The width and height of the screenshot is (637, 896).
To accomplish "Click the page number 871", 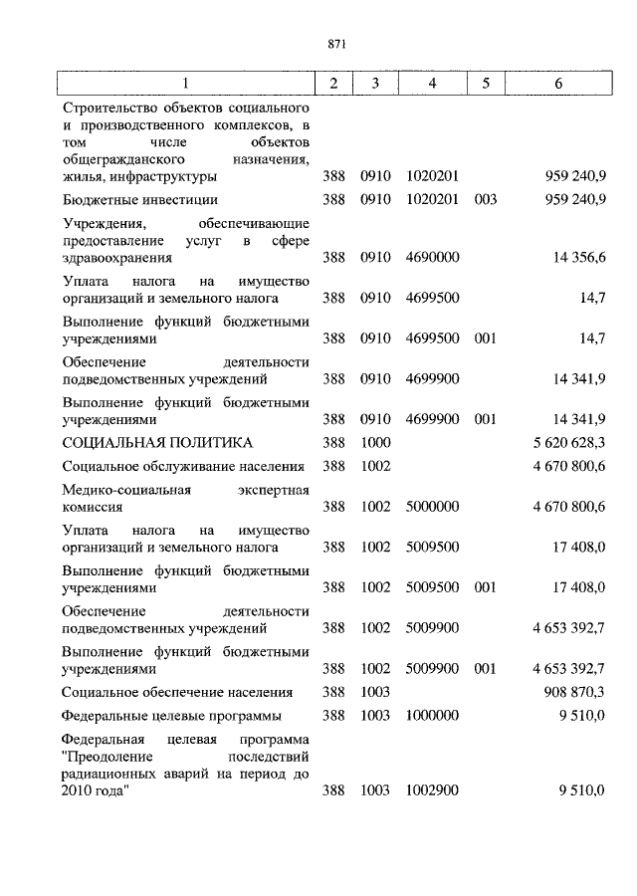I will pos(334,43).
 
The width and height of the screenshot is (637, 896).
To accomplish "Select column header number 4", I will pos(432,84).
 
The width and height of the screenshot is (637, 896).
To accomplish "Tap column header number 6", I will pos(558,84).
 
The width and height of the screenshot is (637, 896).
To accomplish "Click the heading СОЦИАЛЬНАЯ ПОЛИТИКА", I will pos(157,442).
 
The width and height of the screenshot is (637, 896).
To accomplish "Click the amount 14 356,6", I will pos(579,257).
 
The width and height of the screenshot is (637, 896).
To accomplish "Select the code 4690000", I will pos(432,257).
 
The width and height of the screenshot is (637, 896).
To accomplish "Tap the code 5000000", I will pos(432,506).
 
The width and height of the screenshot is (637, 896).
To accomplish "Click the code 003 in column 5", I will pos(486,199).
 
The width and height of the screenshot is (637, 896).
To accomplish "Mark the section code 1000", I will pos(376,442).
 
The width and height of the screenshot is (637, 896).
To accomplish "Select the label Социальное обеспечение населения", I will pos(177,692).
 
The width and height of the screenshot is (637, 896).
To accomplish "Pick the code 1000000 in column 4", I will pos(432,716).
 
